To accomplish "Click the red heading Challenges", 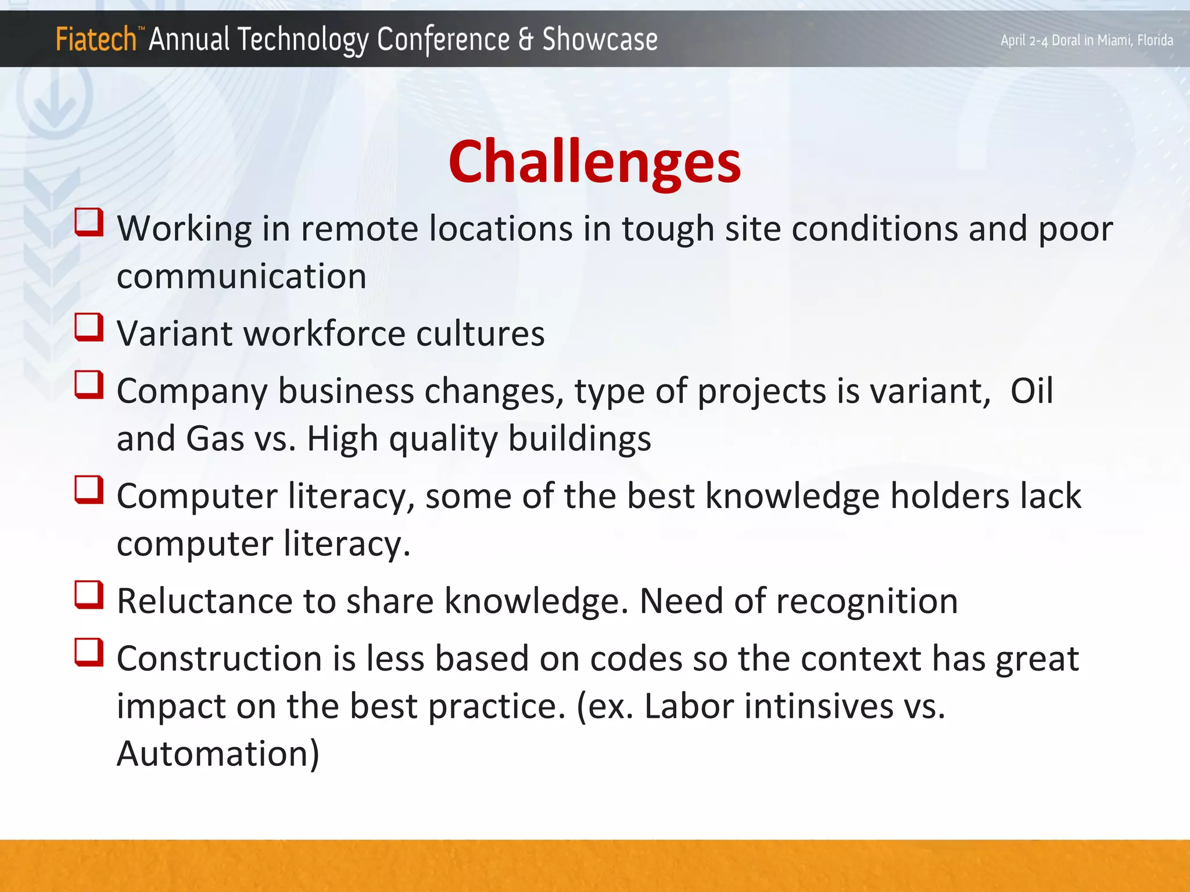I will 594,163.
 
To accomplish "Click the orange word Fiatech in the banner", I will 96,40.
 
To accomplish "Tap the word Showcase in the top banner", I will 600,40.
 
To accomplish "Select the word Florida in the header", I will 1155,40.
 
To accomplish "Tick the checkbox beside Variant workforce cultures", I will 89,328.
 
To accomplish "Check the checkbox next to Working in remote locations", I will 89,223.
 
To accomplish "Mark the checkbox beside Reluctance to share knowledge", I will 89,595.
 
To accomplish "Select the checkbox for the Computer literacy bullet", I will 89,491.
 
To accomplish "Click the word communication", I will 242,276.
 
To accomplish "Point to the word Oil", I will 1031,391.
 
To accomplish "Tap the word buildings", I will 579,439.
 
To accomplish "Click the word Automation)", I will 218,754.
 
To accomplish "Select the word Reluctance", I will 204,601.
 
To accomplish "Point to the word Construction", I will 219,659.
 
